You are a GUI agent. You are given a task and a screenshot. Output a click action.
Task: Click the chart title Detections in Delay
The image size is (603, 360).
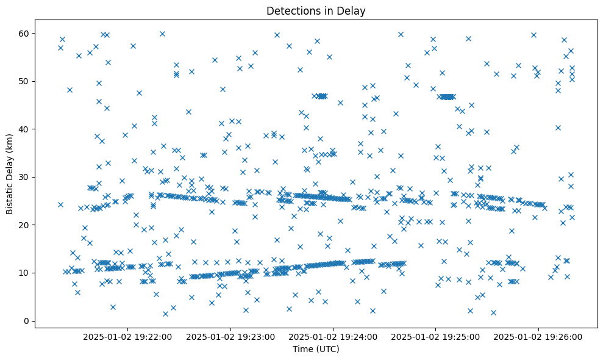(x=316, y=10)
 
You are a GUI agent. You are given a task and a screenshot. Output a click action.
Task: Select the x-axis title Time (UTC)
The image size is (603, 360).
(x=316, y=350)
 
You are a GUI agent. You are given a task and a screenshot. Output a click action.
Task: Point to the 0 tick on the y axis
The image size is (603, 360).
(x=26, y=321)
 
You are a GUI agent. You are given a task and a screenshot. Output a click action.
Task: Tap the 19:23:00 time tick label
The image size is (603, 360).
(x=231, y=336)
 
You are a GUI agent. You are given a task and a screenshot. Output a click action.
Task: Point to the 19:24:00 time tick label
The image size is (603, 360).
(x=334, y=336)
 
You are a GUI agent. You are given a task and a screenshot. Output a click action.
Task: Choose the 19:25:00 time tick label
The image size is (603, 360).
(x=436, y=336)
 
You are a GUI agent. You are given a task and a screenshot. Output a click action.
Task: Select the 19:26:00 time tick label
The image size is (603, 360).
(x=538, y=336)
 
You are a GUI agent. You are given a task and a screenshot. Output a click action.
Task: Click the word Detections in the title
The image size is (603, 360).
(x=290, y=10)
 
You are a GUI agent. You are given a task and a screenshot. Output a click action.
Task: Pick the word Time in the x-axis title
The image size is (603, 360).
(x=302, y=350)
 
